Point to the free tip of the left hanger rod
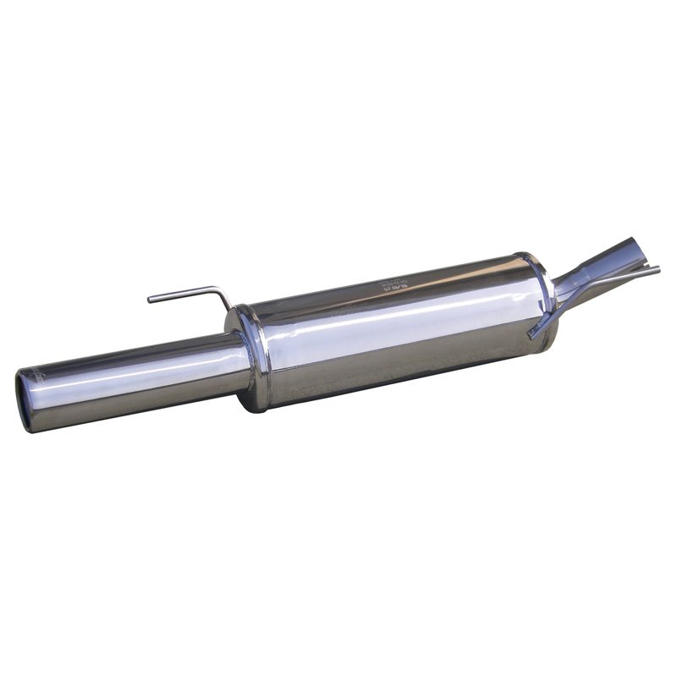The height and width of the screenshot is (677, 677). tap(151, 300)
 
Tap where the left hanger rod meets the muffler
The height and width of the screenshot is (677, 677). tap(230, 307)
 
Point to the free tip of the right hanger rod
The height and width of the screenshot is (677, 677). tap(657, 269)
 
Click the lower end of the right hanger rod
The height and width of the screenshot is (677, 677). tap(531, 335)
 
